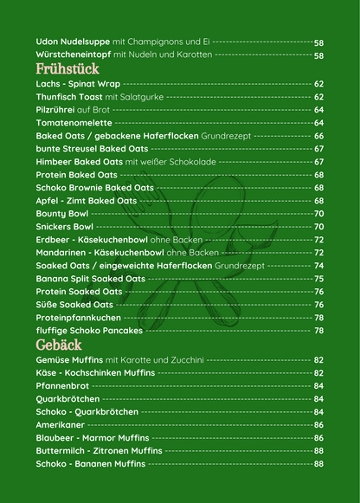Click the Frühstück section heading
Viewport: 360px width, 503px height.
(x=67, y=68)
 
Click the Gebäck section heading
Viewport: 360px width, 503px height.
(x=60, y=345)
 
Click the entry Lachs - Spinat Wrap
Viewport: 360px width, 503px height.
(x=78, y=84)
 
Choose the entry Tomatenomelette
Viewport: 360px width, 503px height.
(x=74, y=123)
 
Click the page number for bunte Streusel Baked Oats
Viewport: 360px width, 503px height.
(x=318, y=149)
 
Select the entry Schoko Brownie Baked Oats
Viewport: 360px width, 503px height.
(x=94, y=187)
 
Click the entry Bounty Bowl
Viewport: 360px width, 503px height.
(x=62, y=213)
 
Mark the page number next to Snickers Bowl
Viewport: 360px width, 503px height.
(x=318, y=226)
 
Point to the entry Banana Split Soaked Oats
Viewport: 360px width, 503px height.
(x=91, y=279)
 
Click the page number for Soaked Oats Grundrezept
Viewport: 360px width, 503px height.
(x=318, y=266)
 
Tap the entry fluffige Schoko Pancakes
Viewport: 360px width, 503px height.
(x=88, y=330)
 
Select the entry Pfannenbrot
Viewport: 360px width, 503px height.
(x=63, y=386)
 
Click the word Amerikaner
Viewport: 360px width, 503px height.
(x=61, y=425)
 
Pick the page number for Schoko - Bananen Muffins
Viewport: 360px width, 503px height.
(x=318, y=464)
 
